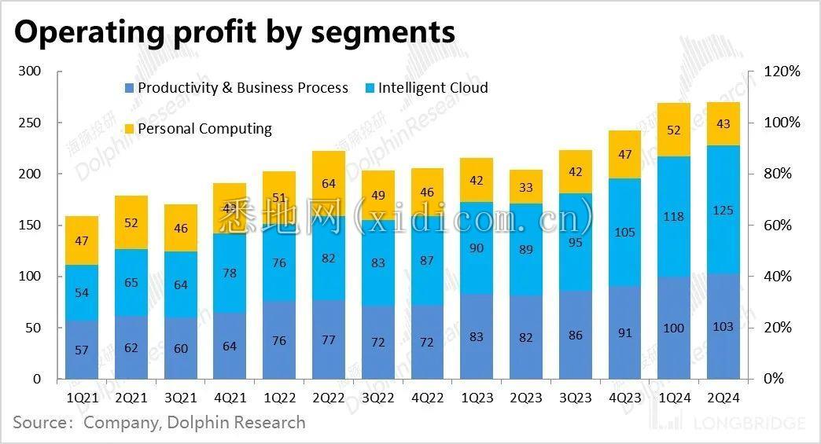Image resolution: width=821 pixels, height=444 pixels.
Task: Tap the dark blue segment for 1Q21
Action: pos(83,350)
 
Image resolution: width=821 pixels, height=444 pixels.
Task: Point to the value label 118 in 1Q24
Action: pos(674,216)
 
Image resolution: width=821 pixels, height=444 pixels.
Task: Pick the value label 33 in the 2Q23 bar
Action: pos(526,187)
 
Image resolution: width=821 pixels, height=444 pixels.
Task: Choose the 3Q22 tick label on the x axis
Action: pos(378,398)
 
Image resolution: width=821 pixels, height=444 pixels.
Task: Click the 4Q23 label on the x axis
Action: pos(624,398)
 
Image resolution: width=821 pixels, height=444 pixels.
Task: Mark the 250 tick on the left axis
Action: pos(31,123)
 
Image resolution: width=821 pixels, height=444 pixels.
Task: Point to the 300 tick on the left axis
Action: pos(31,72)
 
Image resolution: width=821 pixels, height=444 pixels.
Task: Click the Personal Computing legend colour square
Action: pos(130,129)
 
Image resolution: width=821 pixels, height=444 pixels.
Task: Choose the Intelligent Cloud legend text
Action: pos(433,88)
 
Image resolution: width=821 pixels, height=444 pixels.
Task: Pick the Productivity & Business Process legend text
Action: pos(242,88)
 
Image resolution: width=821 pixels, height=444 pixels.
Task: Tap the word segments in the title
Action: pos(386,32)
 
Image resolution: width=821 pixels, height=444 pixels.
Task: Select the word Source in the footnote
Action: pos(40,423)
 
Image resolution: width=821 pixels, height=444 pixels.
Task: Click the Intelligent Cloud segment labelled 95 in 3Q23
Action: pos(575,242)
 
